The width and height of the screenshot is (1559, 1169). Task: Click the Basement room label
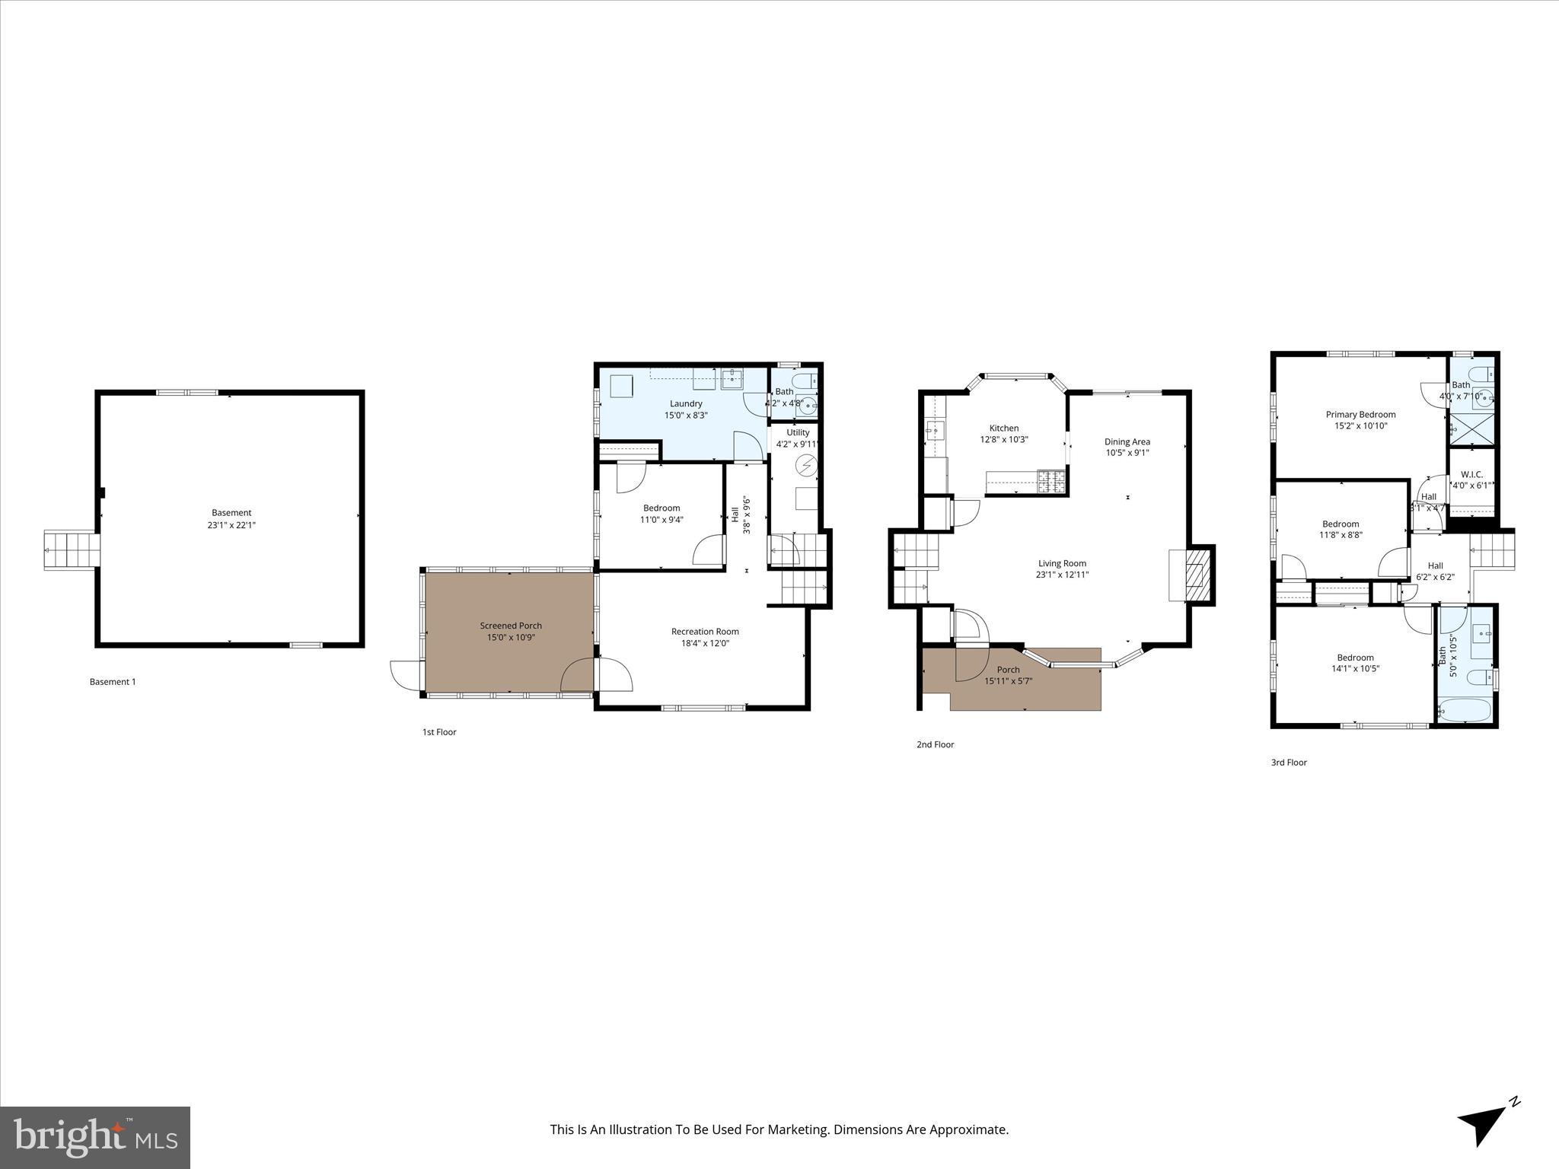coord(231,513)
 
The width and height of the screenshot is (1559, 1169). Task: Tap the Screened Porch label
coord(511,626)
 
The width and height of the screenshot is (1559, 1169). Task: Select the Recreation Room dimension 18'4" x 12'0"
coord(705,643)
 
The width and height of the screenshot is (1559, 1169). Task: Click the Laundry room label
coord(686,403)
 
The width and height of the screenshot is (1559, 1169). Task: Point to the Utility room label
coord(798,432)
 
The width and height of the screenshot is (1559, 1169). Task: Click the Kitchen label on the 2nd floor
coord(1003,428)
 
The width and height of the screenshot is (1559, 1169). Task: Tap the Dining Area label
coord(1127,441)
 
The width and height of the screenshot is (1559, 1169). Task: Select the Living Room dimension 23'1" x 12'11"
coord(1062,575)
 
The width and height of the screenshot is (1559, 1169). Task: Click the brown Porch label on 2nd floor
coord(1008,670)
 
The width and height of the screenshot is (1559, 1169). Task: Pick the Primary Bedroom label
coord(1360,415)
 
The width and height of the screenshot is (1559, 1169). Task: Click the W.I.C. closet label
coord(1471,474)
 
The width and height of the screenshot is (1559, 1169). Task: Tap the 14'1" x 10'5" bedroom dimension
coord(1355,669)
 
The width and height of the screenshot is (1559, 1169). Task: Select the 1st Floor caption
coord(439,732)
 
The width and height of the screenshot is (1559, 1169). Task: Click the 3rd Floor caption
coord(1289,762)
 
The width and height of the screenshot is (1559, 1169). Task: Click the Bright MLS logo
coord(95,1137)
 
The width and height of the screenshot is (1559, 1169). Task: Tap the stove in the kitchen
coord(1051,481)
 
